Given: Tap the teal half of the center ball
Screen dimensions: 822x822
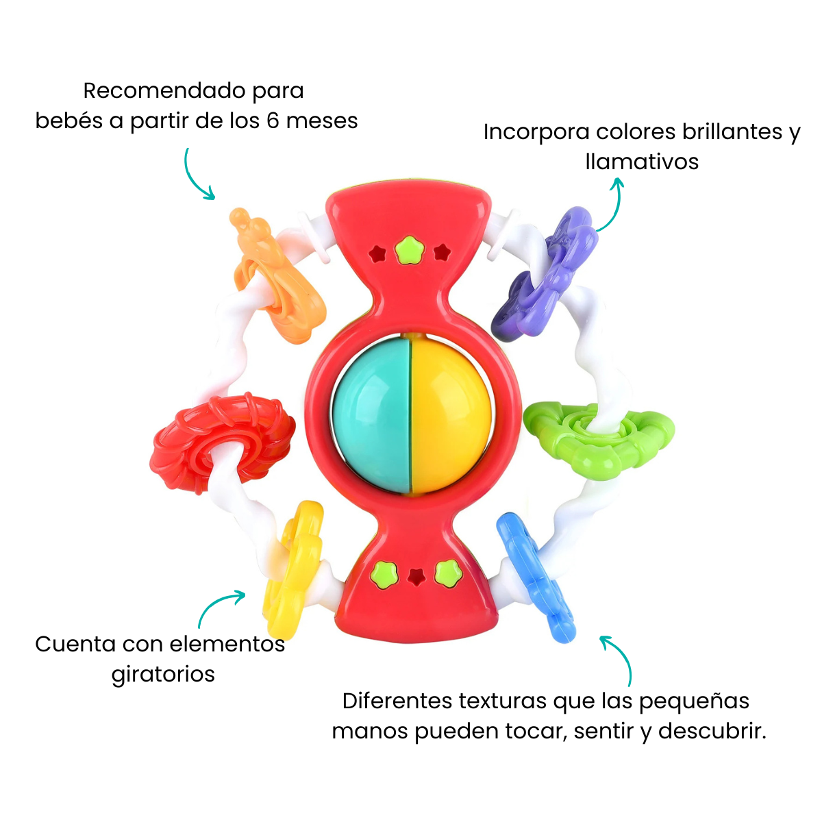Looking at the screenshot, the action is point(372,414).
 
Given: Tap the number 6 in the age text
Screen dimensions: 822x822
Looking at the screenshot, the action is point(273,121).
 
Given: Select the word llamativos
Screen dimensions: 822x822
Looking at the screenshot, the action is point(642,162).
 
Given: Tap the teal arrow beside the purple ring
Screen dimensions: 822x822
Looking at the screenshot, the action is point(614,206).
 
